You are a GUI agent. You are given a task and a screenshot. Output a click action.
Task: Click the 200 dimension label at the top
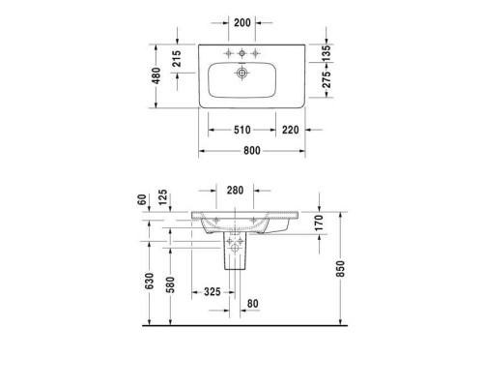click(x=242, y=22)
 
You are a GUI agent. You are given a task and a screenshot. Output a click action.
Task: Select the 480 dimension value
click(x=156, y=75)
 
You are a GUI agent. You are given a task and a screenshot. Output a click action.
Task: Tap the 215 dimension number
click(x=177, y=58)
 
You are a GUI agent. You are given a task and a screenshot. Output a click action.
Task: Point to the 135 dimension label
click(x=327, y=53)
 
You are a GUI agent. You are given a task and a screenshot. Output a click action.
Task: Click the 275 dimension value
click(x=327, y=79)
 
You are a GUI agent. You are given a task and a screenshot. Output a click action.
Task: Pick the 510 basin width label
click(x=242, y=130)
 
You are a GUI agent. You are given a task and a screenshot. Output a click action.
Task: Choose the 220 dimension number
click(x=291, y=130)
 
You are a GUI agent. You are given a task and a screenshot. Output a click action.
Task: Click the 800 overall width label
click(x=252, y=151)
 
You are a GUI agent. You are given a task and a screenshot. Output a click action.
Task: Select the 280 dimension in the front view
click(x=235, y=191)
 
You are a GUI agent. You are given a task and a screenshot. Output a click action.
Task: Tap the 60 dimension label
click(x=142, y=199)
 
